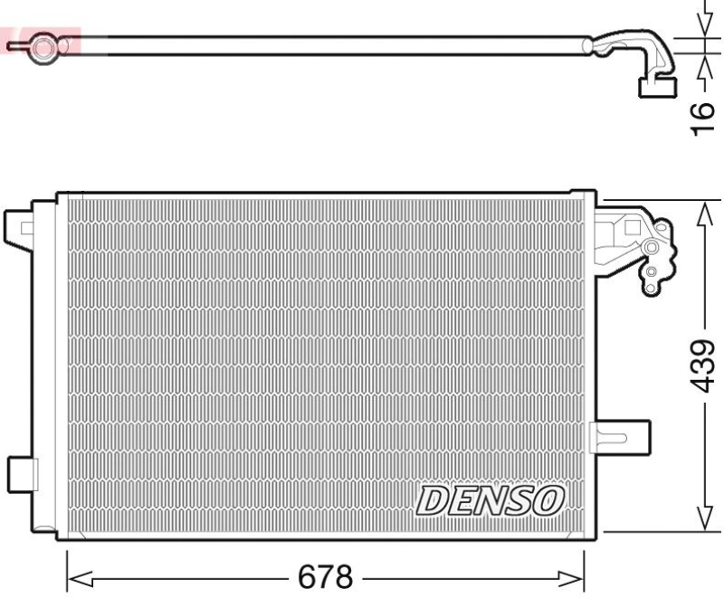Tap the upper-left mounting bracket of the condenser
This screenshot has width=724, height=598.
click(x=19, y=225)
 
